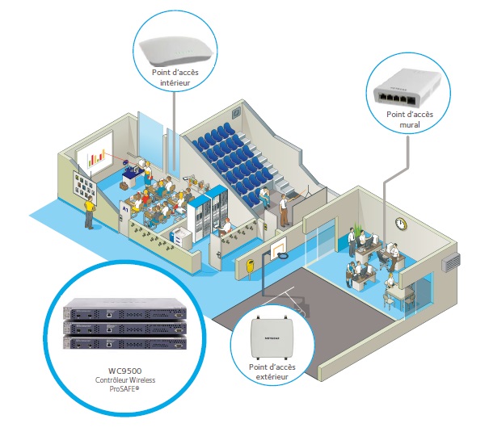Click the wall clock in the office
(401, 224)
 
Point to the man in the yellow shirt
(89, 212)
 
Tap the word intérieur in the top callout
(175, 82)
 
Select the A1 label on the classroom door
(125, 208)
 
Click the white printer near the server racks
(182, 237)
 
